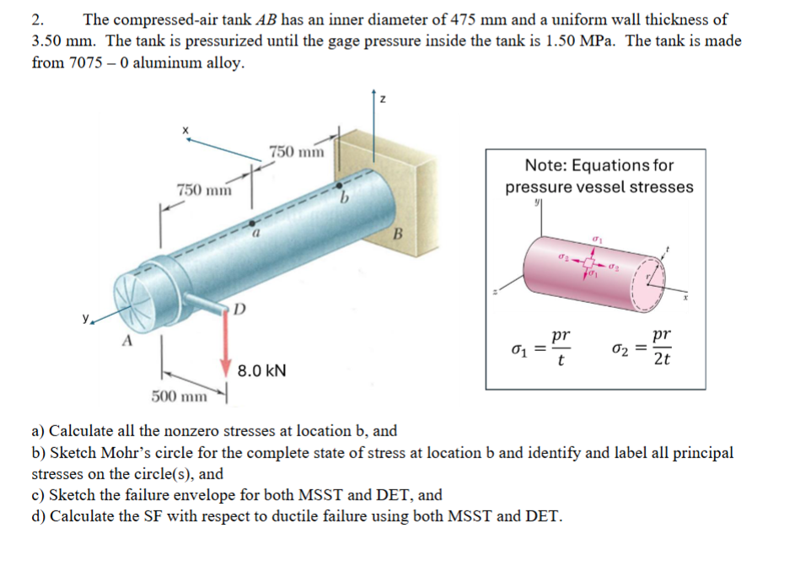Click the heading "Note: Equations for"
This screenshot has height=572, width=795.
pyautogui.click(x=599, y=165)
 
